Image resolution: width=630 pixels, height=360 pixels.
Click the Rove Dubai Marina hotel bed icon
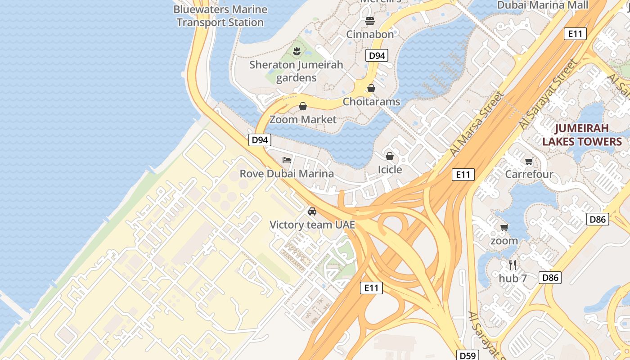coord(286,160)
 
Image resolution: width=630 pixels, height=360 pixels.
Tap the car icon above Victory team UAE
coord(312,211)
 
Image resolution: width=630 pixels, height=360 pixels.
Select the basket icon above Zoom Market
coord(303,106)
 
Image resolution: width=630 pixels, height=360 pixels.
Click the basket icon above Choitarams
coord(371,88)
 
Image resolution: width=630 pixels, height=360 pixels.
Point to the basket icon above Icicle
coord(390,156)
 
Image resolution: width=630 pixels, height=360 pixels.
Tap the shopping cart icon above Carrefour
coord(529,161)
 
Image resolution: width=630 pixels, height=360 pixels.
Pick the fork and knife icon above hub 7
coord(512,265)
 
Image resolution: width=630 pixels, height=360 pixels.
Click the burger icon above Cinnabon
coord(370,21)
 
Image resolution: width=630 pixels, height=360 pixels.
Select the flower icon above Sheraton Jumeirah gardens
coord(296,51)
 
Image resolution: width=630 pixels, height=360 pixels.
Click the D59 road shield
coord(468,355)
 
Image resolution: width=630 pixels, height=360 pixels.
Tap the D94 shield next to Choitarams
coord(376,55)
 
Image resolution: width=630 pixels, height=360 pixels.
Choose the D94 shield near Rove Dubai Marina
coord(260,140)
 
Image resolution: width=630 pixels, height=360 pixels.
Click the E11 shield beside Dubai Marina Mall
coord(575,33)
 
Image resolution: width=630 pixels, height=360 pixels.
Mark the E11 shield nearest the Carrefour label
coord(463,175)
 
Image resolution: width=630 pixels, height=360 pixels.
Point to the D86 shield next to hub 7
coord(550,278)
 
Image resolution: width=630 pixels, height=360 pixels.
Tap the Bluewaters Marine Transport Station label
coord(220,16)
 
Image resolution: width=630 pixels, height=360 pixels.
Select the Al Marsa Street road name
coord(476,124)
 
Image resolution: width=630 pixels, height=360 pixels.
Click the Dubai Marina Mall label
coord(542,5)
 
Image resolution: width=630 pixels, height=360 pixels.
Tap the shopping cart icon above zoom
coord(504,227)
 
